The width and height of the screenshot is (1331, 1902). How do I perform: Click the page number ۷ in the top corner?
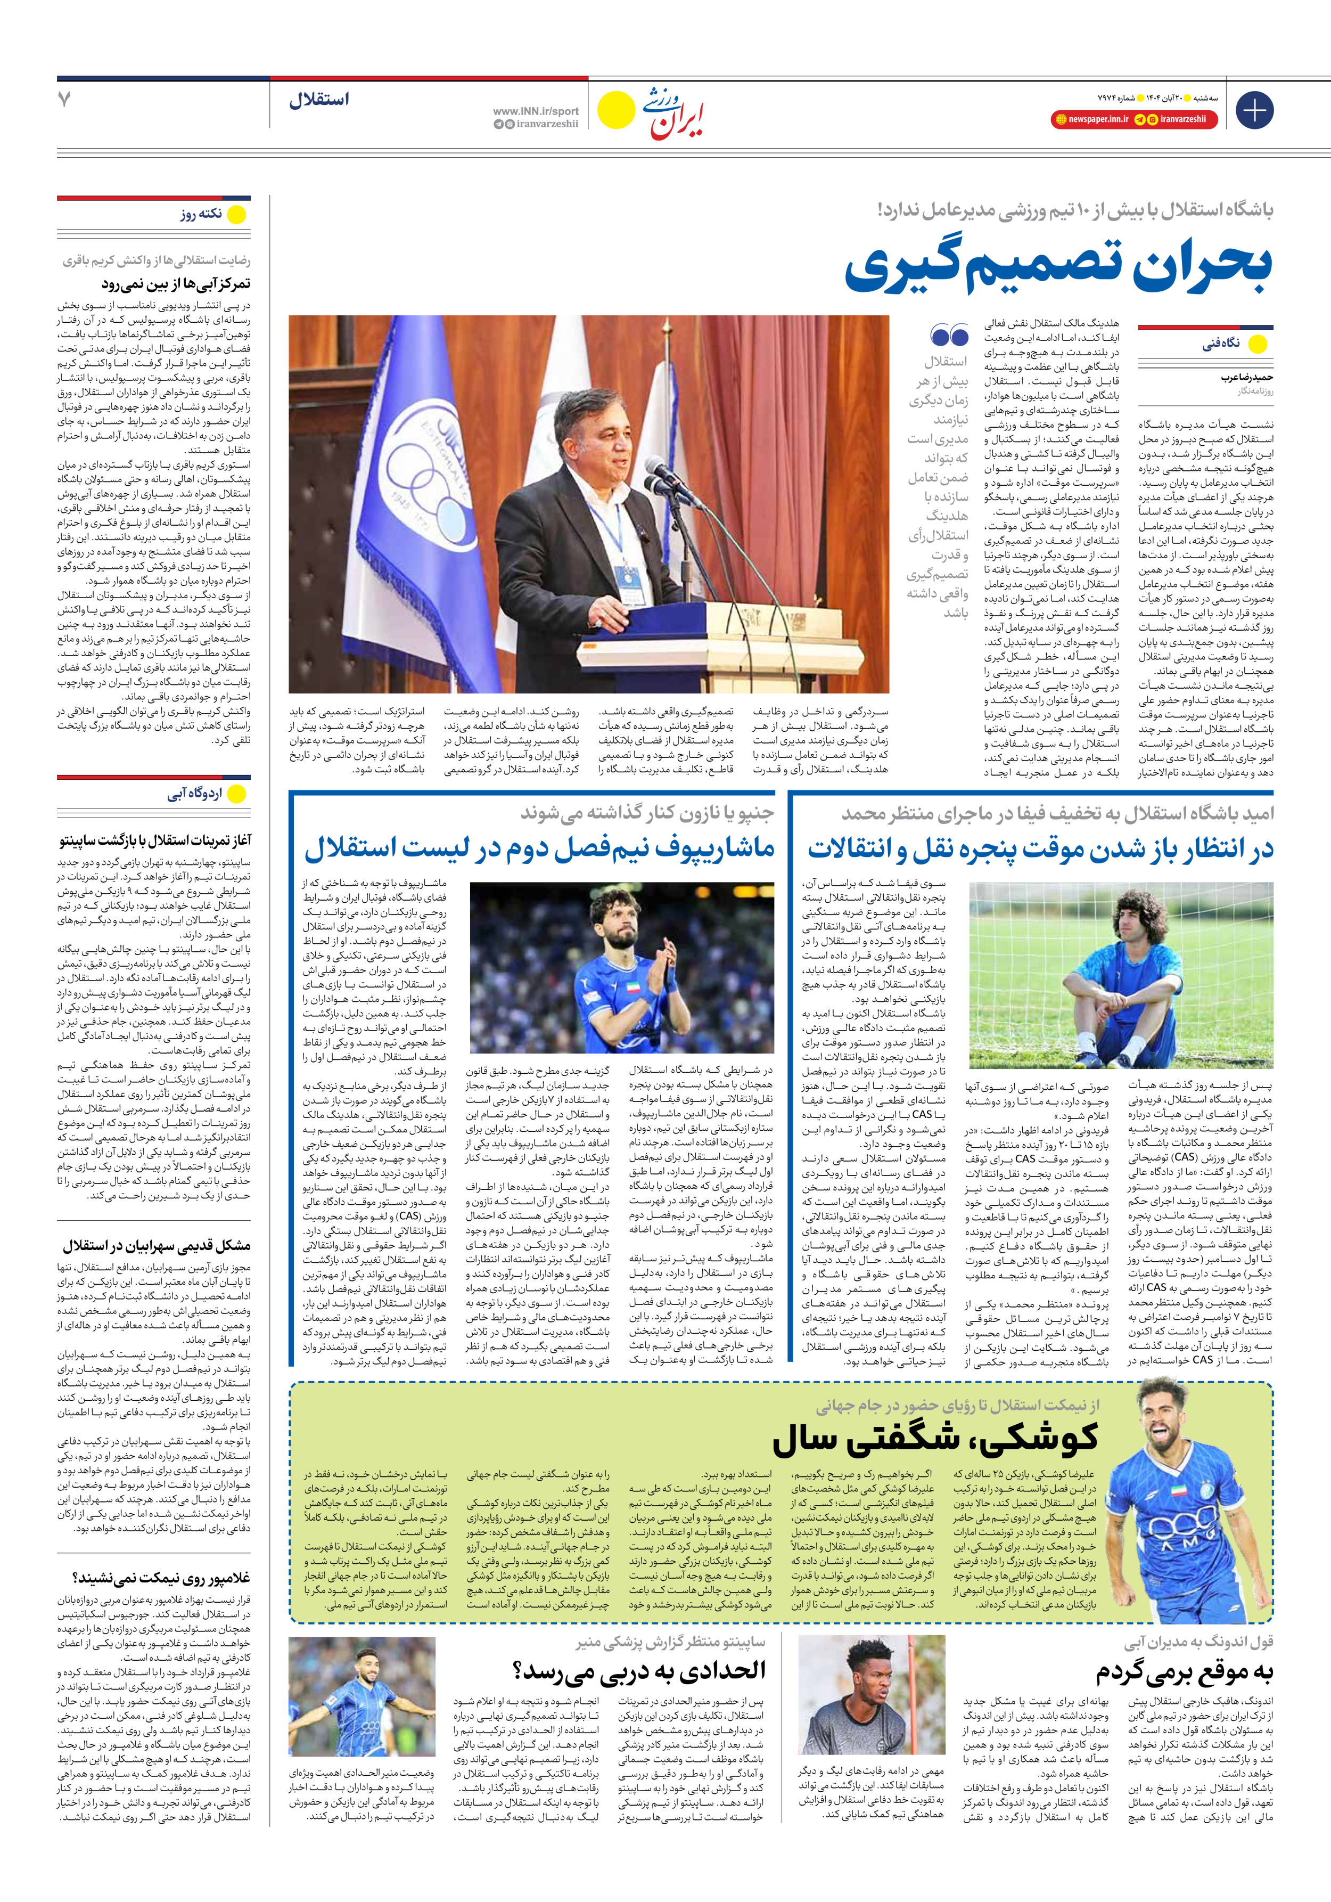64,100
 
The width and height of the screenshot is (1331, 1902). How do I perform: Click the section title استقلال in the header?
319,100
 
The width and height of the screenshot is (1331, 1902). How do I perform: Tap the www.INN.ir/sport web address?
535,111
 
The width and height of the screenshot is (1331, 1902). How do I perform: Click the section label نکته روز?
201,214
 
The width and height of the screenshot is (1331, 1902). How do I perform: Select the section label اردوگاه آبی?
195,794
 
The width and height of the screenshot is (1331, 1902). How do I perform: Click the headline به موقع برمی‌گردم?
1185,1672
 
